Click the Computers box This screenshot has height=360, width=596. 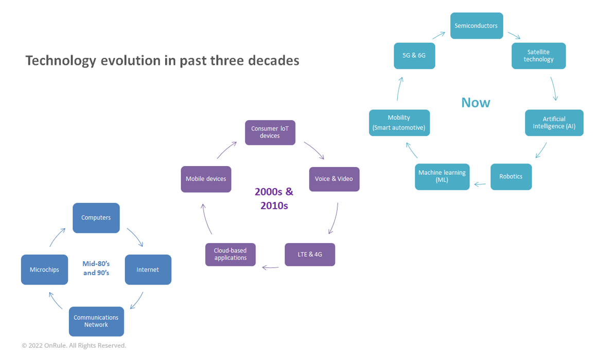(x=96, y=218)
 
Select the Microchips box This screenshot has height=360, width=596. (x=44, y=269)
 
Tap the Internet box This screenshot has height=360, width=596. (x=148, y=269)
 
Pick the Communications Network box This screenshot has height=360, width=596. (x=96, y=321)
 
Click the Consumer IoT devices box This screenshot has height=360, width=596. (x=270, y=133)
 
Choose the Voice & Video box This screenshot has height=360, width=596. (x=334, y=179)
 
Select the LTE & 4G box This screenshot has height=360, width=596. (x=310, y=255)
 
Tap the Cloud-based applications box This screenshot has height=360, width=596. (x=231, y=255)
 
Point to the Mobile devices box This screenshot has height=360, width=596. (x=206, y=179)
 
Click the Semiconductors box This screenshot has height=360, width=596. (x=477, y=26)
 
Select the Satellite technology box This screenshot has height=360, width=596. (x=538, y=56)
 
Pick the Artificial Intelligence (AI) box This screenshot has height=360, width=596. (x=554, y=123)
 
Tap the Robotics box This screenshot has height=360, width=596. (x=511, y=176)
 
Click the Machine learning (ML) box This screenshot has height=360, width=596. (x=442, y=176)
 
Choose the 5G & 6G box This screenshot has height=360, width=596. (x=414, y=56)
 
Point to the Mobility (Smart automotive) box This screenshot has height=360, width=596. (x=399, y=123)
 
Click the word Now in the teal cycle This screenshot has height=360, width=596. (x=476, y=102)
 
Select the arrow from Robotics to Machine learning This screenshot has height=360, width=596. (x=480, y=184)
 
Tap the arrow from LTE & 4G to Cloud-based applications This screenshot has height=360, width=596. (x=270, y=267)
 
